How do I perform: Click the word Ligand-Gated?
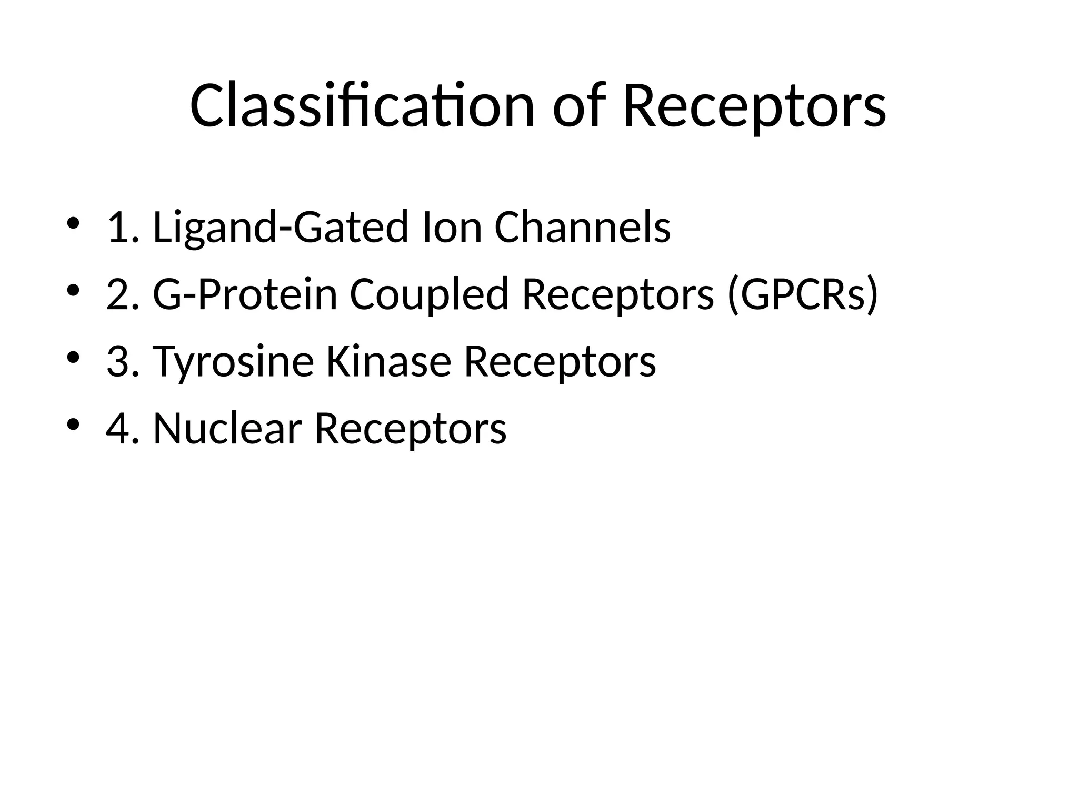280,228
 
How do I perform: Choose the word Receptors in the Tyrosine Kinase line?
560,362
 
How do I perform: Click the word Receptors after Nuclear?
410,429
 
